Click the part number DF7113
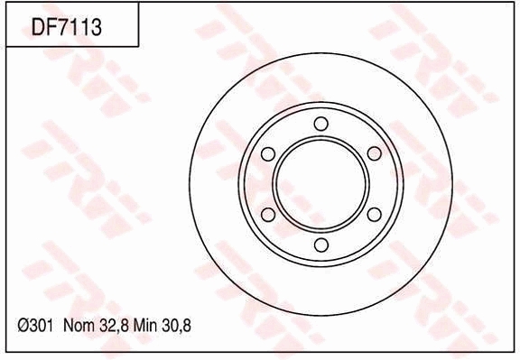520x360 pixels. coord(66,28)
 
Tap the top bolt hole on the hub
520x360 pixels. coord(320,125)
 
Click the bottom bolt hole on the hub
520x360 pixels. coord(320,245)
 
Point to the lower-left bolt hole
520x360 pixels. coord(268,214)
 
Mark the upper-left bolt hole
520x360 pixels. coord(268,154)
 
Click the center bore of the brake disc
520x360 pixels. coord(320,184)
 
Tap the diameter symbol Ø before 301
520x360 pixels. coord(23,323)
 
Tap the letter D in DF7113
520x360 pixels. coord(39,28)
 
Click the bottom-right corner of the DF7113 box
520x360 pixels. coord(138,46)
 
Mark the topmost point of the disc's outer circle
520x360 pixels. coord(320,55)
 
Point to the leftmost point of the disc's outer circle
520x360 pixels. coord(191,184)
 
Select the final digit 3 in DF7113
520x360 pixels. coord(95,28)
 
